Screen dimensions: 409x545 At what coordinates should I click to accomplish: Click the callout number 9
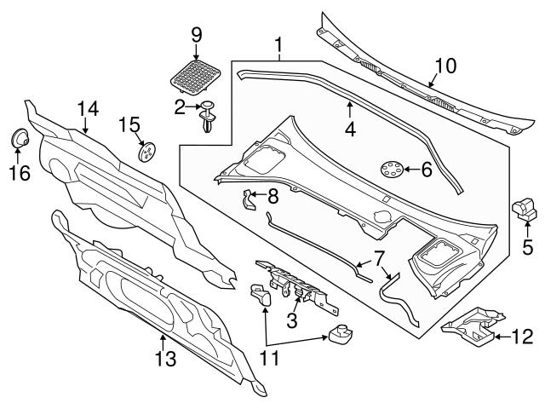click(x=196, y=35)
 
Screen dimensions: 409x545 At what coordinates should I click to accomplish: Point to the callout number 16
click(x=19, y=174)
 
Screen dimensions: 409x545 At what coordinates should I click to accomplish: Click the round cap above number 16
click(x=19, y=138)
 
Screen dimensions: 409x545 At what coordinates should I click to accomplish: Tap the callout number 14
click(x=89, y=108)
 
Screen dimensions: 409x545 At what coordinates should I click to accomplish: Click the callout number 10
click(x=445, y=65)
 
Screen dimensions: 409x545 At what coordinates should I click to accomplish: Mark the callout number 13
click(x=166, y=359)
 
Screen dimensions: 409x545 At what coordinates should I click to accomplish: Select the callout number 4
click(x=349, y=130)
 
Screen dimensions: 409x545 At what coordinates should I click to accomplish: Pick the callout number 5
click(x=525, y=249)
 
